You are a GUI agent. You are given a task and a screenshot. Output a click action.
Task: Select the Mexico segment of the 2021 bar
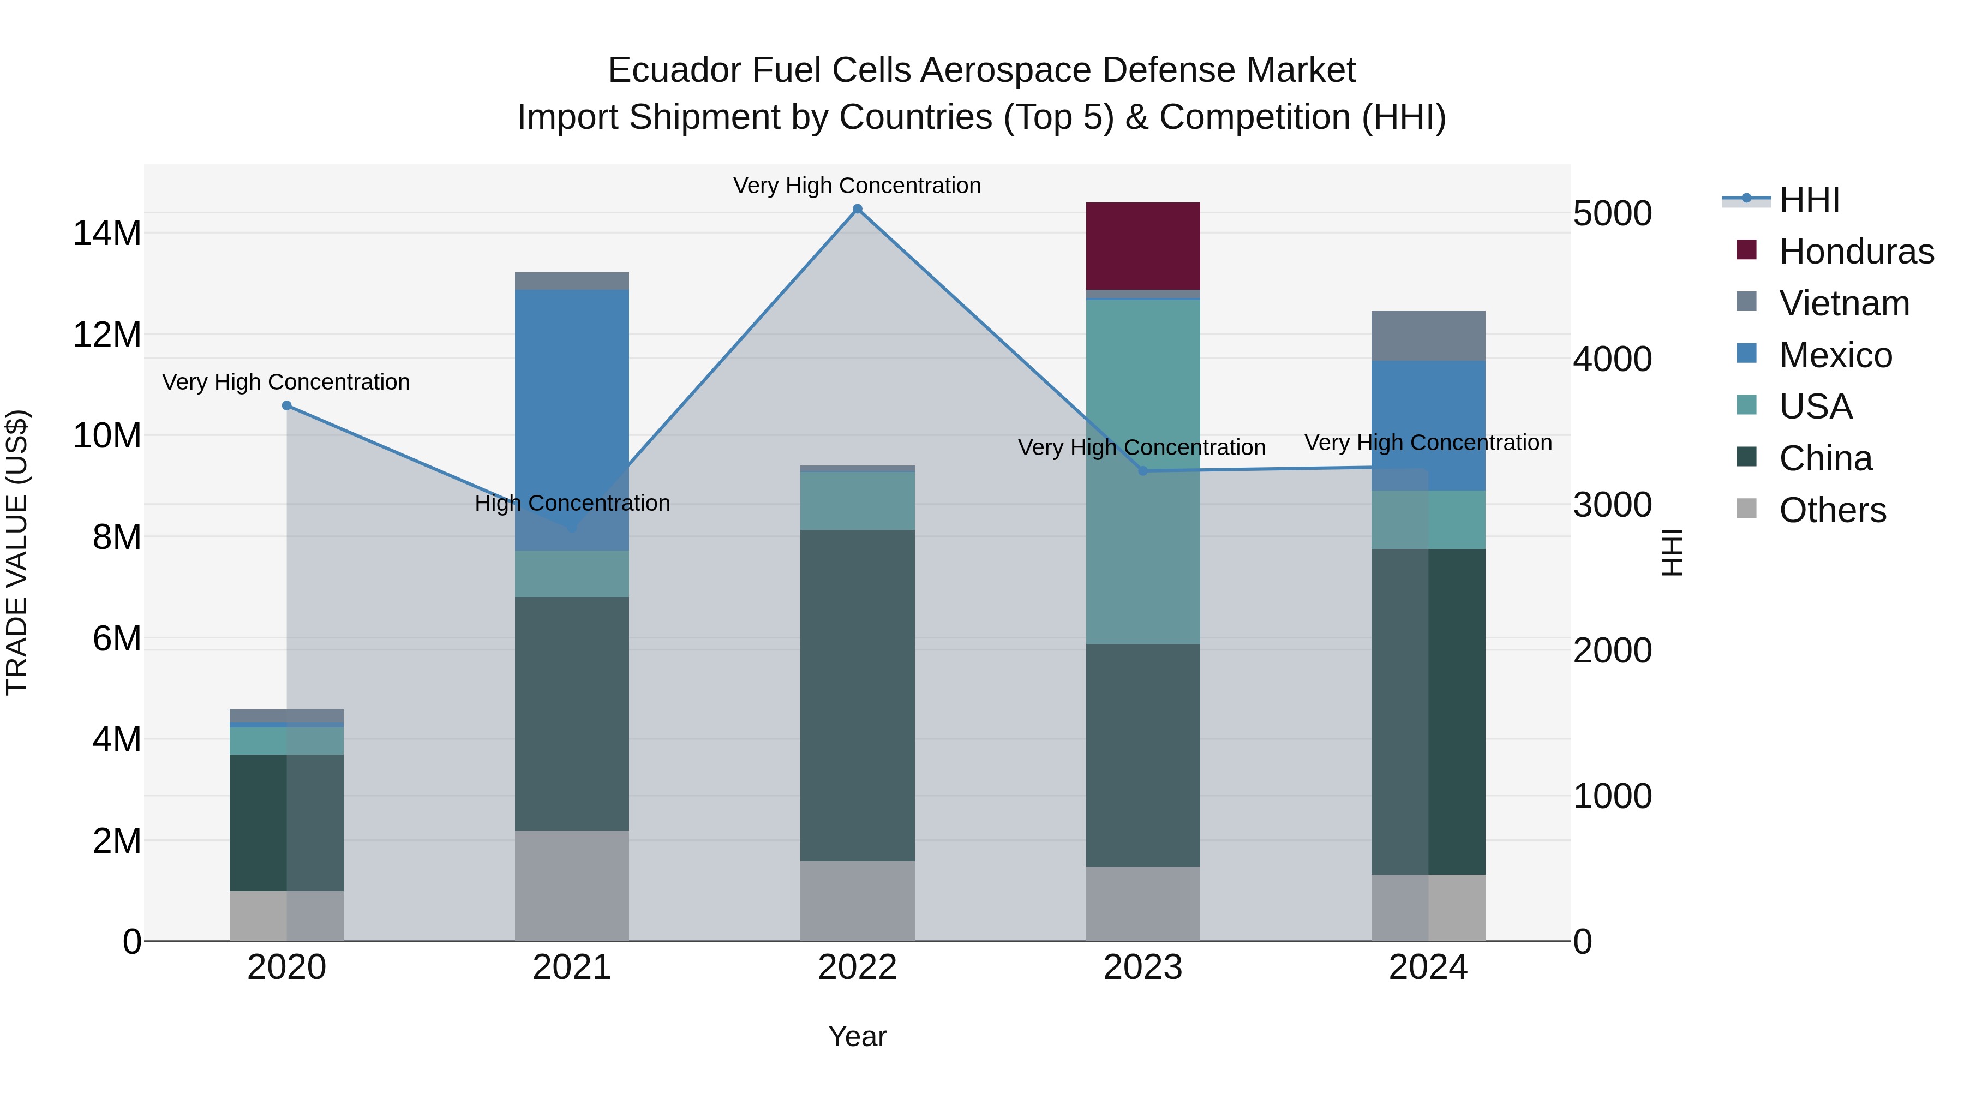click(572, 420)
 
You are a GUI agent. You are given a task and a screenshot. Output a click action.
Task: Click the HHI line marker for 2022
click(857, 209)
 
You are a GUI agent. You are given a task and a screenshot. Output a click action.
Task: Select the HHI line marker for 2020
click(286, 405)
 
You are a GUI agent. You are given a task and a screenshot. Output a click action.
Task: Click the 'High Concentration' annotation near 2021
click(572, 503)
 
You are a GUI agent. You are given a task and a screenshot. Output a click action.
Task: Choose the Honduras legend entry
click(1856, 252)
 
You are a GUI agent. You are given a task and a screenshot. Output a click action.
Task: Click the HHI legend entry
click(1809, 200)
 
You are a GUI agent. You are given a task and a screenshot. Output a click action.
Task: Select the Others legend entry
click(1831, 510)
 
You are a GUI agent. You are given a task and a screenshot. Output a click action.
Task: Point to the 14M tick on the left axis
click(107, 232)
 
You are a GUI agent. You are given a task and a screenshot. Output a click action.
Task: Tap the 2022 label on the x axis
click(857, 967)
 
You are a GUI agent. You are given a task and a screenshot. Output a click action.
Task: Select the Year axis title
click(857, 1036)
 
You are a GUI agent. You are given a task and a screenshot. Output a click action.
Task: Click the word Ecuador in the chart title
click(674, 70)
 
